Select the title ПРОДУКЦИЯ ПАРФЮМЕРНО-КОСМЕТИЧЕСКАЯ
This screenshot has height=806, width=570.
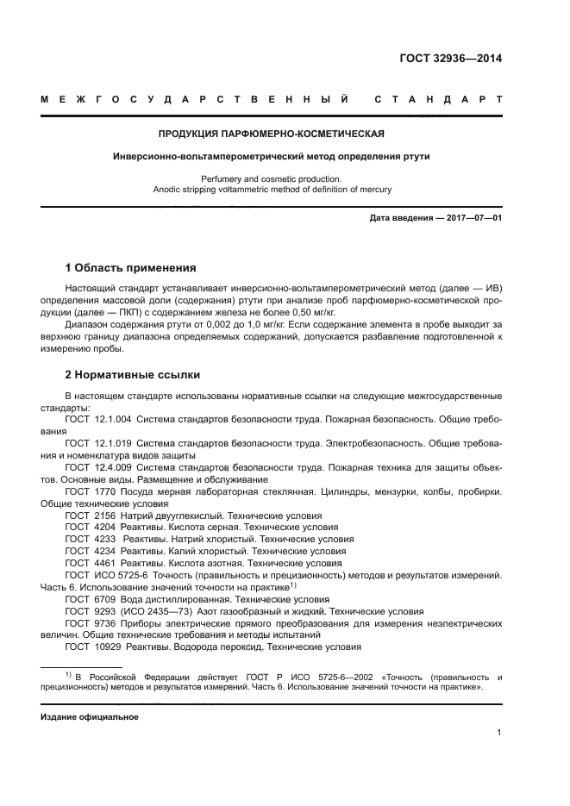271,134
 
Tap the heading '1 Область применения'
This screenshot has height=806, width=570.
130,268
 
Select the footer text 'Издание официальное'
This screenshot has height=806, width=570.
90,717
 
